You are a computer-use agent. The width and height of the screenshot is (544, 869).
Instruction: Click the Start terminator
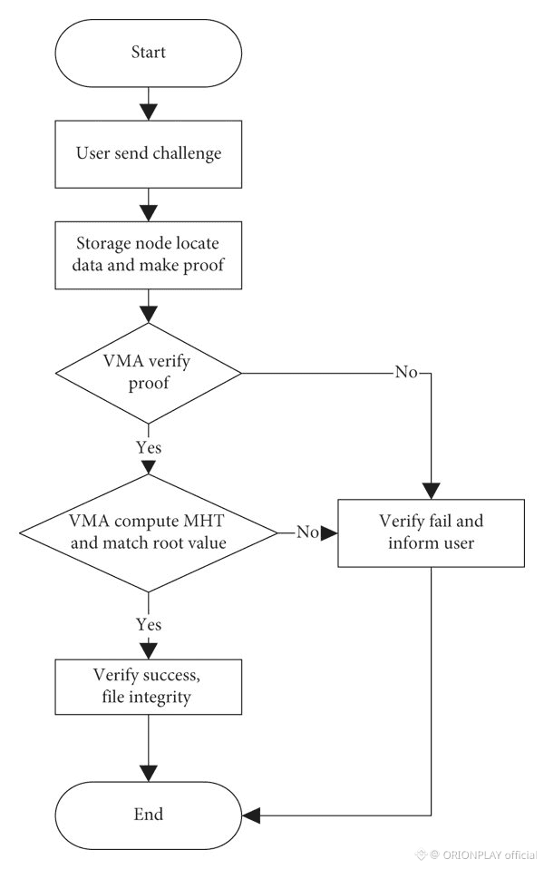point(149,54)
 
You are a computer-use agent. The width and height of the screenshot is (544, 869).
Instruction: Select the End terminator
point(149,815)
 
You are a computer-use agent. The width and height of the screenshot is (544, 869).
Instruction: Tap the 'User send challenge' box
point(149,154)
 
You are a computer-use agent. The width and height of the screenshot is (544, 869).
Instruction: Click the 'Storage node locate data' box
point(149,255)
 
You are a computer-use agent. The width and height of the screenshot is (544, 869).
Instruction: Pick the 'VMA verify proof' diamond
point(149,373)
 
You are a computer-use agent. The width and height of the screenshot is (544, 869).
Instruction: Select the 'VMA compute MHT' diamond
point(149,533)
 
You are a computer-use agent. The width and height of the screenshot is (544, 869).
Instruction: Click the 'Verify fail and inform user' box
point(431,533)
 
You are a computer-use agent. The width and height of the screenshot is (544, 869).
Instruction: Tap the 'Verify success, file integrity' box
point(149,687)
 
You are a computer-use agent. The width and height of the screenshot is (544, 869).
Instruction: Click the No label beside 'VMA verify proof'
point(406,372)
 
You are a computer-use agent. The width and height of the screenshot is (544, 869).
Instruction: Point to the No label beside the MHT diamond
point(307,532)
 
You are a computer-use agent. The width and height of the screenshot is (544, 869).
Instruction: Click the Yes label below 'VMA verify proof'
point(149,447)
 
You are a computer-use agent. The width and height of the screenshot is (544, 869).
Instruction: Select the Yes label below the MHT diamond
point(149,625)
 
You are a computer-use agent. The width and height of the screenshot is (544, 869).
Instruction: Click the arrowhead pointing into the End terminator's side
point(251,815)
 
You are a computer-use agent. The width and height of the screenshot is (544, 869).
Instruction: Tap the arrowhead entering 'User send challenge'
point(149,112)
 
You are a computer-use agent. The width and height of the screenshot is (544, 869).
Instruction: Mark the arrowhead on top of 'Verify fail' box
point(431,491)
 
